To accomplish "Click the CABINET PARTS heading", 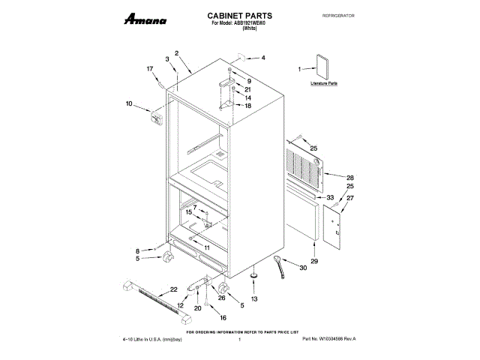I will (239, 15).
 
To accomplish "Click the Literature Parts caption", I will (324, 84).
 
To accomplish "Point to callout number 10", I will (128, 103).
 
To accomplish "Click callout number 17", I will (150, 69).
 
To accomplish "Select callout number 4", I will (262, 58).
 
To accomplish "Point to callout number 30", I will (303, 268).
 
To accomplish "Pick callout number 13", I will (253, 299).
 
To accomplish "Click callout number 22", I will (173, 289).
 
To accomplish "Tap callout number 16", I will (222, 318).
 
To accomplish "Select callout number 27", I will (349, 198).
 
